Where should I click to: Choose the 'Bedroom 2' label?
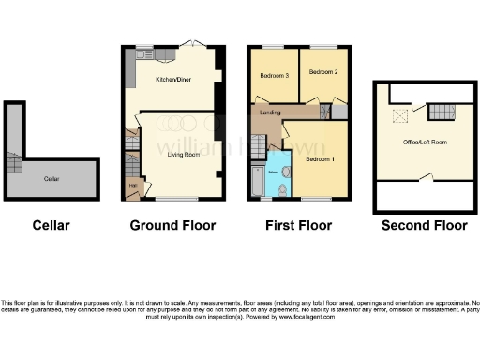click(323, 71)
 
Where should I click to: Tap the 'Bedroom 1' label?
click(319, 159)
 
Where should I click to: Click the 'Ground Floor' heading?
click(172, 226)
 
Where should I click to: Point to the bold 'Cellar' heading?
click(51, 226)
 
